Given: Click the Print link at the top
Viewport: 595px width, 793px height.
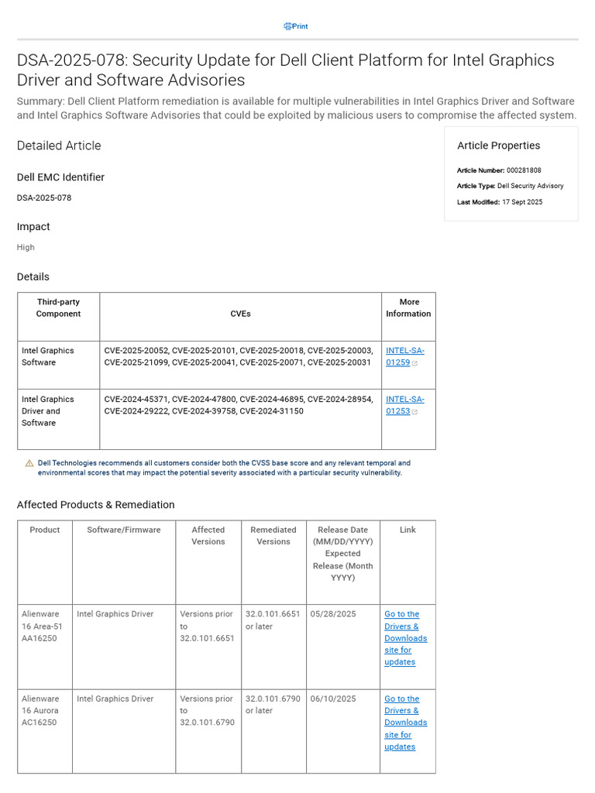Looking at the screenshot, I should [x=296, y=26].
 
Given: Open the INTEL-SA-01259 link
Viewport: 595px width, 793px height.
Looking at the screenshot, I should [x=404, y=356].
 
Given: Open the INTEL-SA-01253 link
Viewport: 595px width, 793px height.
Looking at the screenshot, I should [x=404, y=405].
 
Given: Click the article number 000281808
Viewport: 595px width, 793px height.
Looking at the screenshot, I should [x=524, y=170].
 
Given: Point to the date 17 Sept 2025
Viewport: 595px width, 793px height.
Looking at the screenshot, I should [x=522, y=202].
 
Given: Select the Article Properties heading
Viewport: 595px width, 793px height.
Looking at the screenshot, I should [x=498, y=146].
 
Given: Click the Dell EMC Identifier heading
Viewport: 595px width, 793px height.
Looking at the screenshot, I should [x=60, y=177].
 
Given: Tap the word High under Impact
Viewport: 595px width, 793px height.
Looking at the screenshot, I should [x=26, y=247].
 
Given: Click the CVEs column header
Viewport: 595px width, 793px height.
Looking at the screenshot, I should [x=240, y=314].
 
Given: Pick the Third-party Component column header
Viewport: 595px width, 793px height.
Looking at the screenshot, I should [x=58, y=307].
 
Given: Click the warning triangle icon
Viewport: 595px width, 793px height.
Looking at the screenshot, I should [x=29, y=463].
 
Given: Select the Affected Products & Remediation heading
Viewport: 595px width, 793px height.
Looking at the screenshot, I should [x=95, y=505].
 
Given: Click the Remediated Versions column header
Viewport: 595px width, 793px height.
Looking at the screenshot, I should [x=273, y=536].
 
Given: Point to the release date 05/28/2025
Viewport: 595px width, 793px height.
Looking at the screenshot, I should [x=333, y=614].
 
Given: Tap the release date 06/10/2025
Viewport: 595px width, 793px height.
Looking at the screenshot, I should [x=333, y=699].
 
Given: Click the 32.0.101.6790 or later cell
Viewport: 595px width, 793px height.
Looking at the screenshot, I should [x=273, y=705].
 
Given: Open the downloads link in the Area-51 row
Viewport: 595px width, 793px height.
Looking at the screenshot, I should [x=405, y=638].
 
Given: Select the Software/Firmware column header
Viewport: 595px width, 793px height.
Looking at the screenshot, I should [x=124, y=530].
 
